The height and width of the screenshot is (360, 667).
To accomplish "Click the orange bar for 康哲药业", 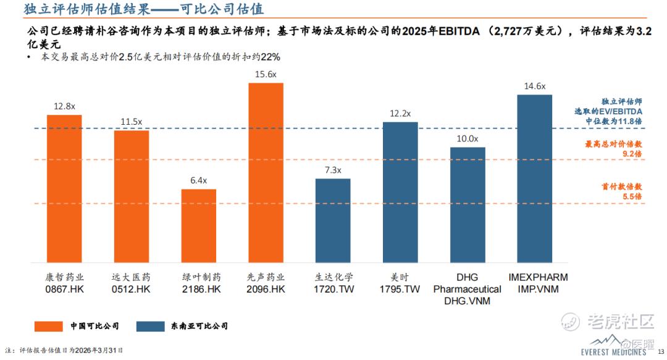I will pos(64,188).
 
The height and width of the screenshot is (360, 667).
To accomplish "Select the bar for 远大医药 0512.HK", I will pos(131,196).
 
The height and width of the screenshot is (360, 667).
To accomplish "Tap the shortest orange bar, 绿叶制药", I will pos(198,225).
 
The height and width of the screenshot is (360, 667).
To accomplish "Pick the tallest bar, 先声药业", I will pos(266,172).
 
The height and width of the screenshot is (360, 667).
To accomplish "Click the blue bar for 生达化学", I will pos(333,220).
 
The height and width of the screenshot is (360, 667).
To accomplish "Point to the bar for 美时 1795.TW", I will pos(400,192).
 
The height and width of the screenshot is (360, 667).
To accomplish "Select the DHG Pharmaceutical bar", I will pos(468,204).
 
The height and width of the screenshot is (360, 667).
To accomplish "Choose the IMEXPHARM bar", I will pos(534,178).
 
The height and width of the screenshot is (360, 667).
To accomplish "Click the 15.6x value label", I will pos(266,74).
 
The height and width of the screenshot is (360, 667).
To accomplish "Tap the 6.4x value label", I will pos(198,180).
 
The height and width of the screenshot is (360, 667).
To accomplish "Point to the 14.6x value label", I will pos(534,86).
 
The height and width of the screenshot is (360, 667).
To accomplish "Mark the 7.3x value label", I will pos(333,170).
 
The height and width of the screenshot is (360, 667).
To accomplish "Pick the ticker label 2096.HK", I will pos(266,289).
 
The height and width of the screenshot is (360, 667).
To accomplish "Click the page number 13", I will pos(658,351).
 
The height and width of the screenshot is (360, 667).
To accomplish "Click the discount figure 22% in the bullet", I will pos(271,57).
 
